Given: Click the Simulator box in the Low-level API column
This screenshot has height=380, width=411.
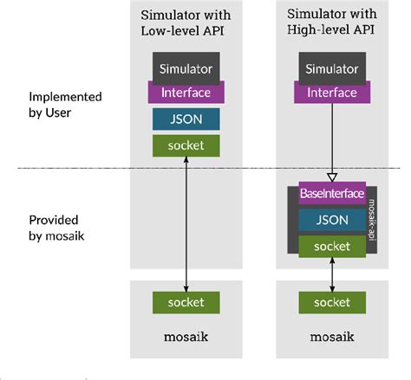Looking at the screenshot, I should [x=186, y=67].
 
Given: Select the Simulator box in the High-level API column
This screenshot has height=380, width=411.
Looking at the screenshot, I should [x=332, y=67].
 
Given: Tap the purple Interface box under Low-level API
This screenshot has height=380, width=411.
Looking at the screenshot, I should [x=186, y=91].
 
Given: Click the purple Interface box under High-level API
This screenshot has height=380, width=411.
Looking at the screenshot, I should [x=332, y=92].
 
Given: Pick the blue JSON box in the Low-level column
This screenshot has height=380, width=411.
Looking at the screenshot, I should [x=186, y=119].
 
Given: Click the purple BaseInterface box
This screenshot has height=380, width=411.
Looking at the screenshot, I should [x=332, y=193].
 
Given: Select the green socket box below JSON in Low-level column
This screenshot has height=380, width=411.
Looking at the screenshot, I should [x=186, y=145].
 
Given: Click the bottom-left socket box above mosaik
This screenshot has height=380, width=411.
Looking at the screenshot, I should [x=186, y=302].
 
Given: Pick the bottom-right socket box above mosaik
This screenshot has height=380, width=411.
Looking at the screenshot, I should [x=332, y=302].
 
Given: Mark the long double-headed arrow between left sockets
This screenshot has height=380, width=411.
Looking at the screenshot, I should [x=186, y=223].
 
